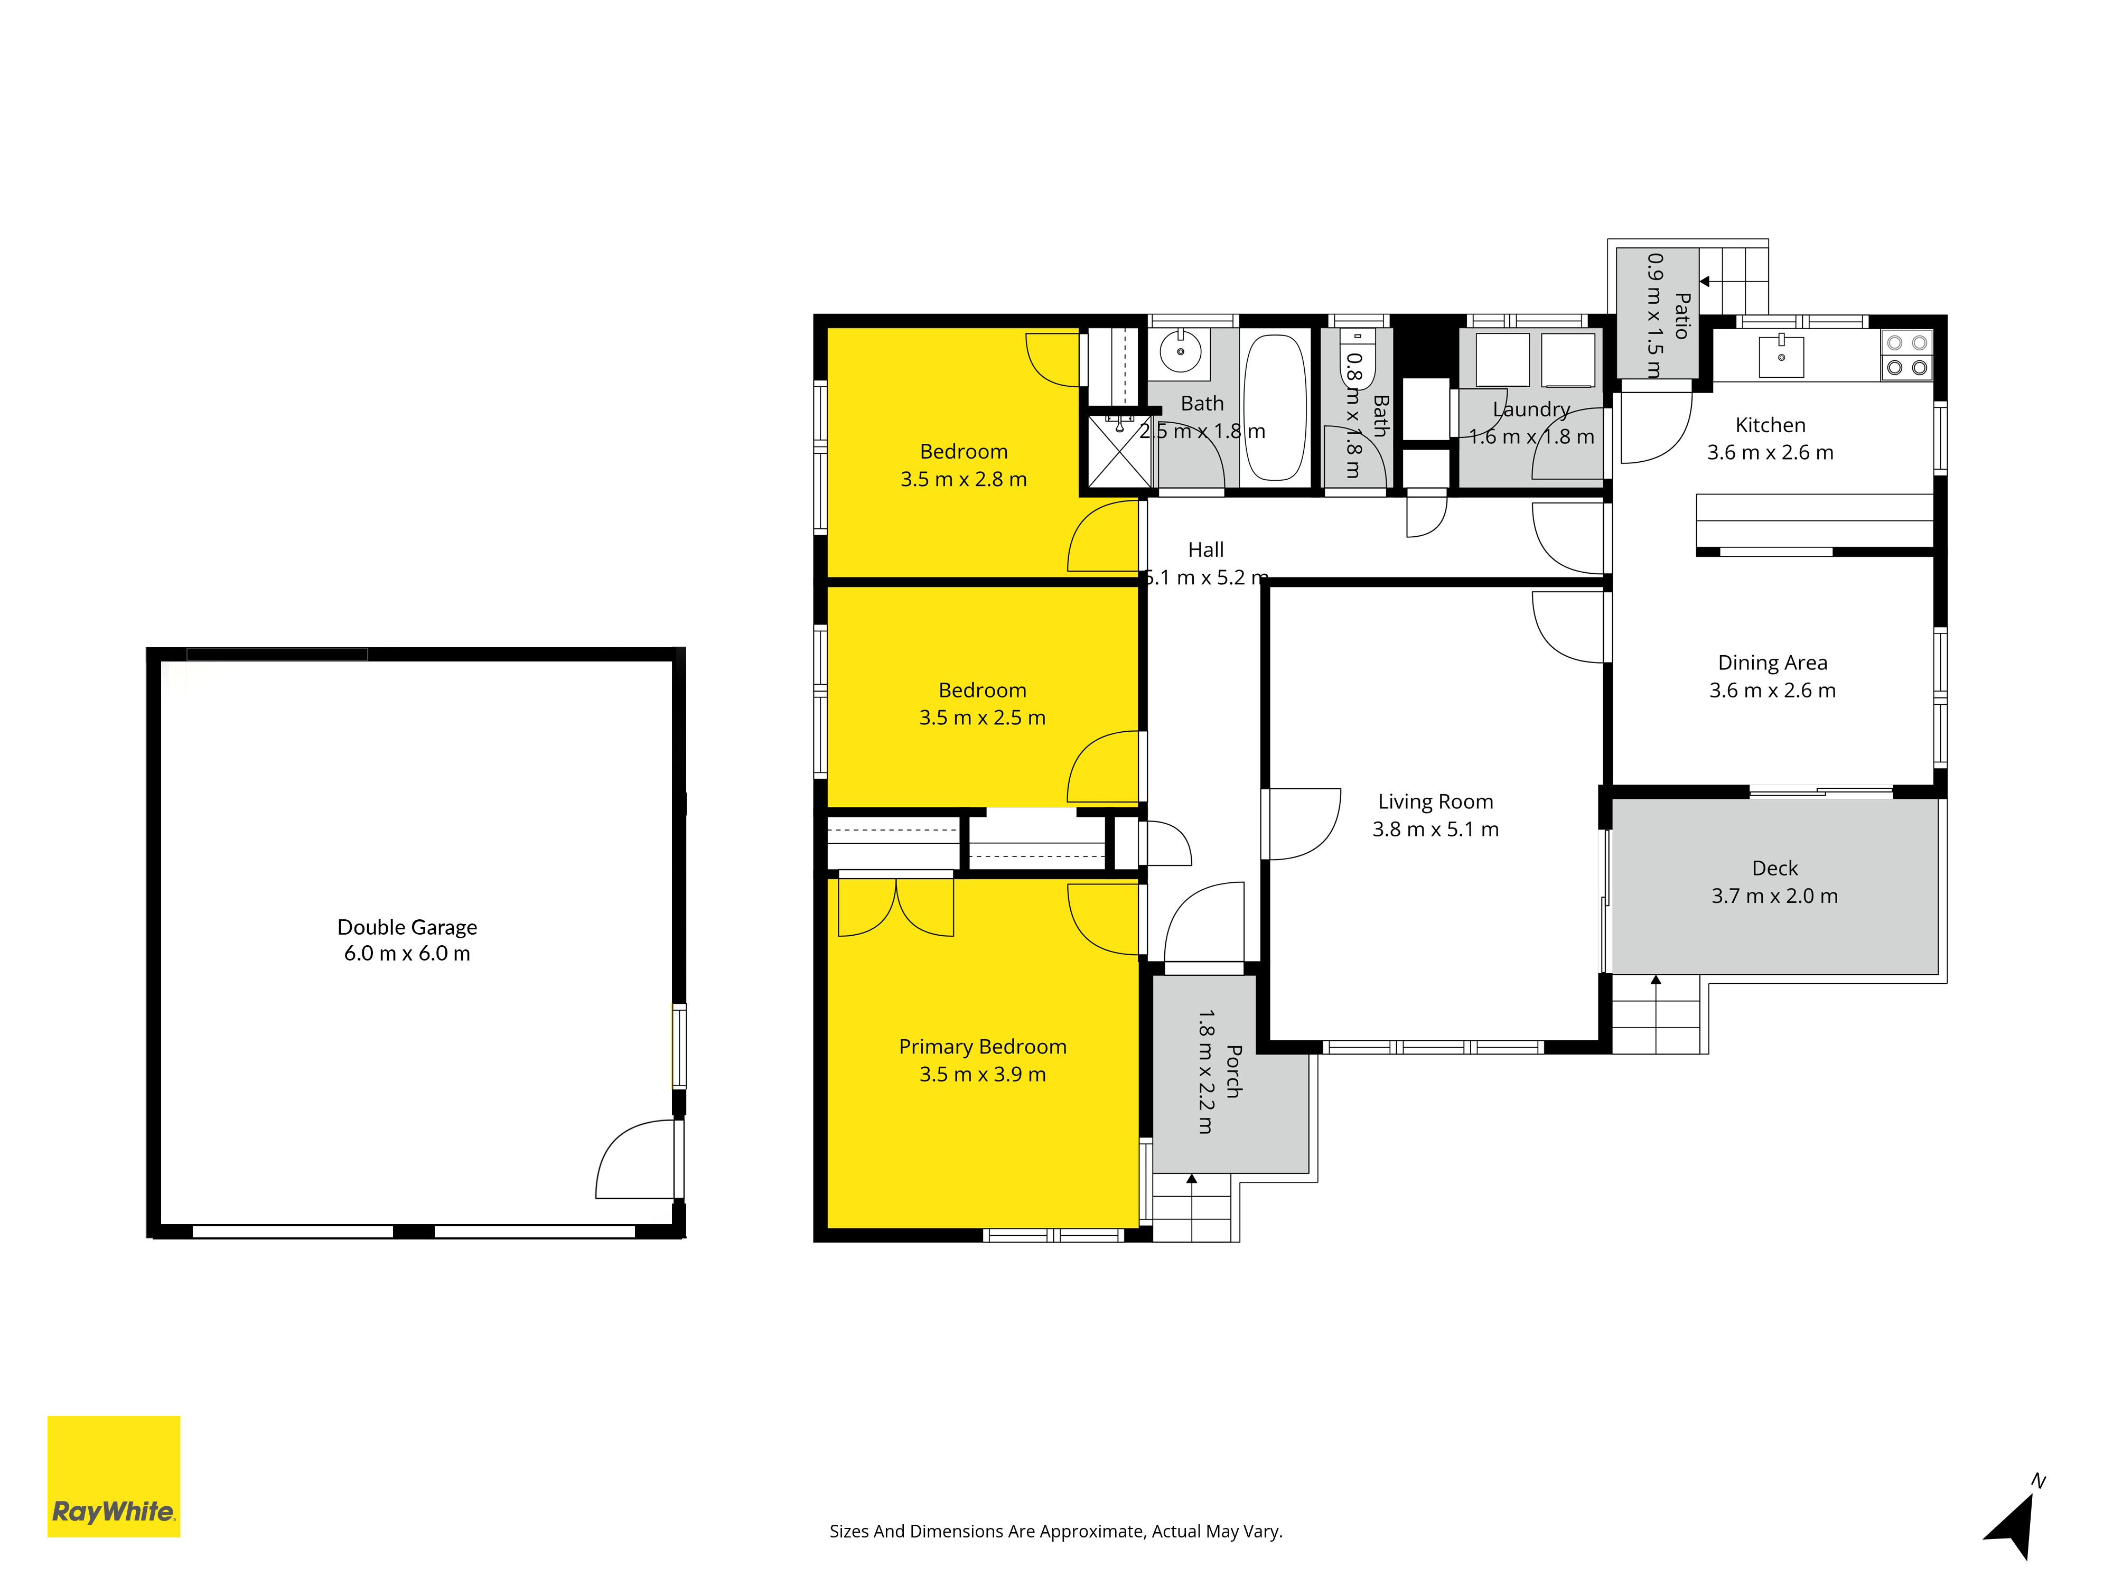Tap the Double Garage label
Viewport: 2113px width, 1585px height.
point(407,927)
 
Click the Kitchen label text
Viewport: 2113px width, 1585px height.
point(1770,425)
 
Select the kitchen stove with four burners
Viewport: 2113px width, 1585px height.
point(1906,356)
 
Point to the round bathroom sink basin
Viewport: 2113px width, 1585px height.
point(1181,351)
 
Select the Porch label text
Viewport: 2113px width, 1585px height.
point(1233,1071)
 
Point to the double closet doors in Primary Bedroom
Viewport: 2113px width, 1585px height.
point(896,908)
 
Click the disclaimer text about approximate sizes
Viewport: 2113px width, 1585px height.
point(1055,1532)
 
